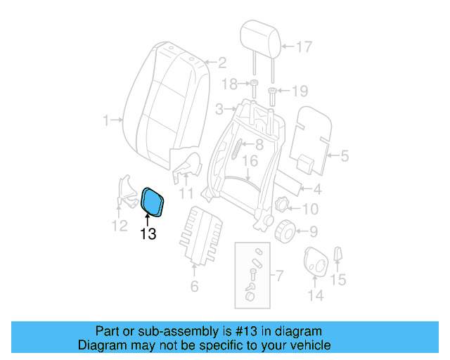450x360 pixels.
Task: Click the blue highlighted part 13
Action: tap(153, 202)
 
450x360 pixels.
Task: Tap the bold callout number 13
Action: tap(148, 234)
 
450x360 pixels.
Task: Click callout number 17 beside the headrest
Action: tap(302, 48)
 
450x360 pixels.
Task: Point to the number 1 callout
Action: tap(106, 121)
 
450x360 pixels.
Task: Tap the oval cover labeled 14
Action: tap(314, 262)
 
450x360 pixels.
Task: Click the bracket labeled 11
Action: tap(186, 169)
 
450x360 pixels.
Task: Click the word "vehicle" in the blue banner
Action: tap(307, 345)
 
